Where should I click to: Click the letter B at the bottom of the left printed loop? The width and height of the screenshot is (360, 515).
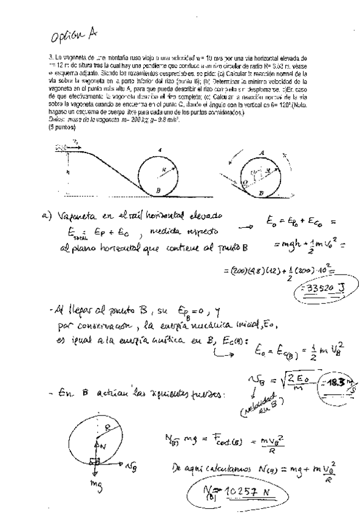[x=158, y=189]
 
